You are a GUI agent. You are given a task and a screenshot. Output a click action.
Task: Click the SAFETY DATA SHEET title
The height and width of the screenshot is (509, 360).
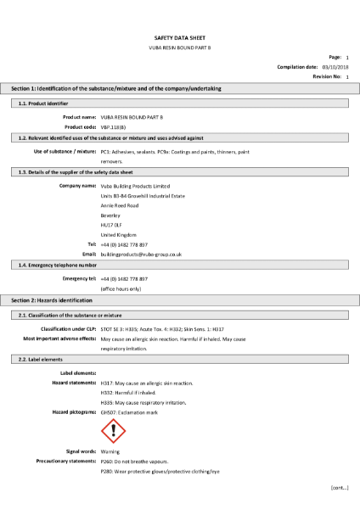pyautogui.click(x=179, y=38)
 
